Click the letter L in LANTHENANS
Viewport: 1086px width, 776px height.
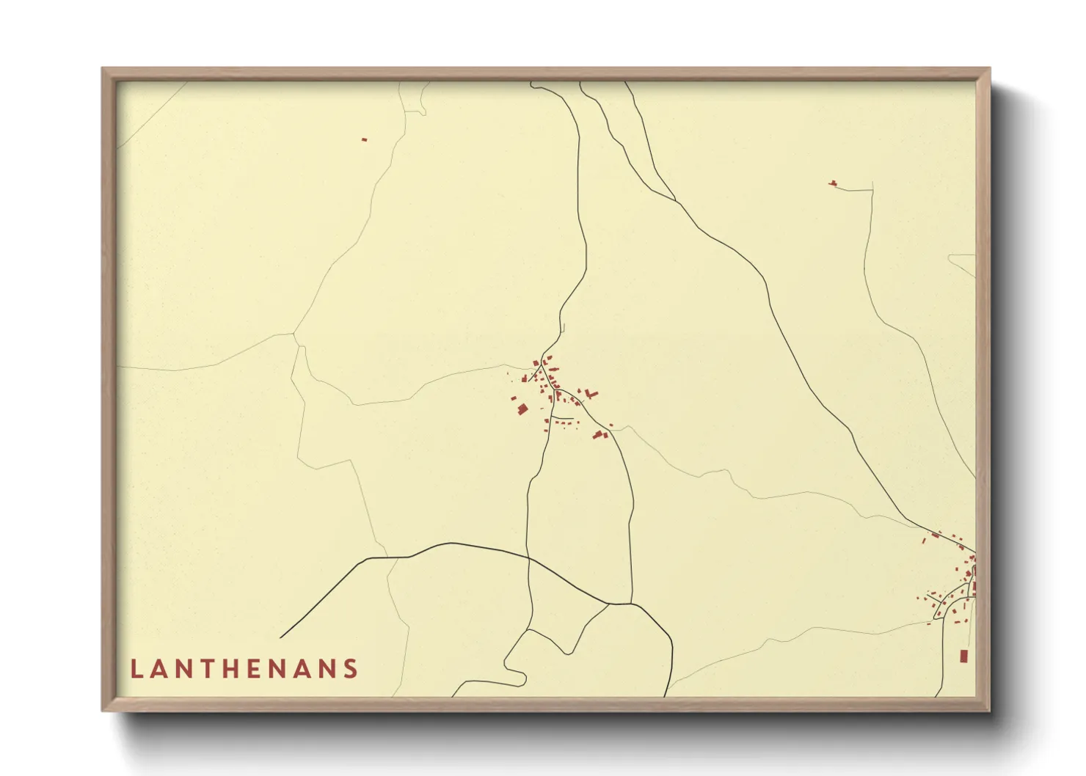click(x=136, y=669)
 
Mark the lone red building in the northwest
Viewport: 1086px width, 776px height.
click(x=363, y=139)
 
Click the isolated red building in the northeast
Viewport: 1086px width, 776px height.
click(x=833, y=183)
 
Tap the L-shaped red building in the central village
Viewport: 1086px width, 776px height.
click(x=591, y=395)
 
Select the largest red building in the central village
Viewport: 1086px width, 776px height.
click(x=522, y=409)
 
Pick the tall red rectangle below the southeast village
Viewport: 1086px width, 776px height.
click(x=963, y=656)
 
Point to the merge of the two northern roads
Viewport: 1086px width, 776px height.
click(x=675, y=200)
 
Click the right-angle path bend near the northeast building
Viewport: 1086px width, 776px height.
click(x=872, y=191)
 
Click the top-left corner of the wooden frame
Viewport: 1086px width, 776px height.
click(x=103, y=68)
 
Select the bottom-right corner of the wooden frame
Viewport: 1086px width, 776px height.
click(x=989, y=711)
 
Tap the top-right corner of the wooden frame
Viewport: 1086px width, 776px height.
click(x=989, y=68)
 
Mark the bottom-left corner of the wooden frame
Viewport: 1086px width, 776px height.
click(x=103, y=711)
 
